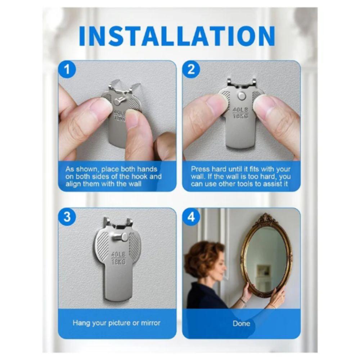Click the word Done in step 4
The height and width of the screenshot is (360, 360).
coord(241,323)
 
